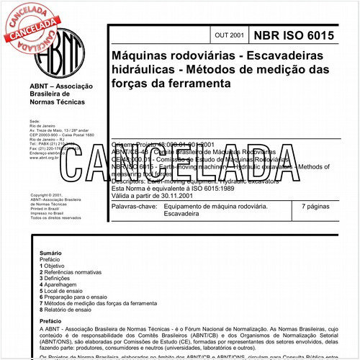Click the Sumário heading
pos(50,253)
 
